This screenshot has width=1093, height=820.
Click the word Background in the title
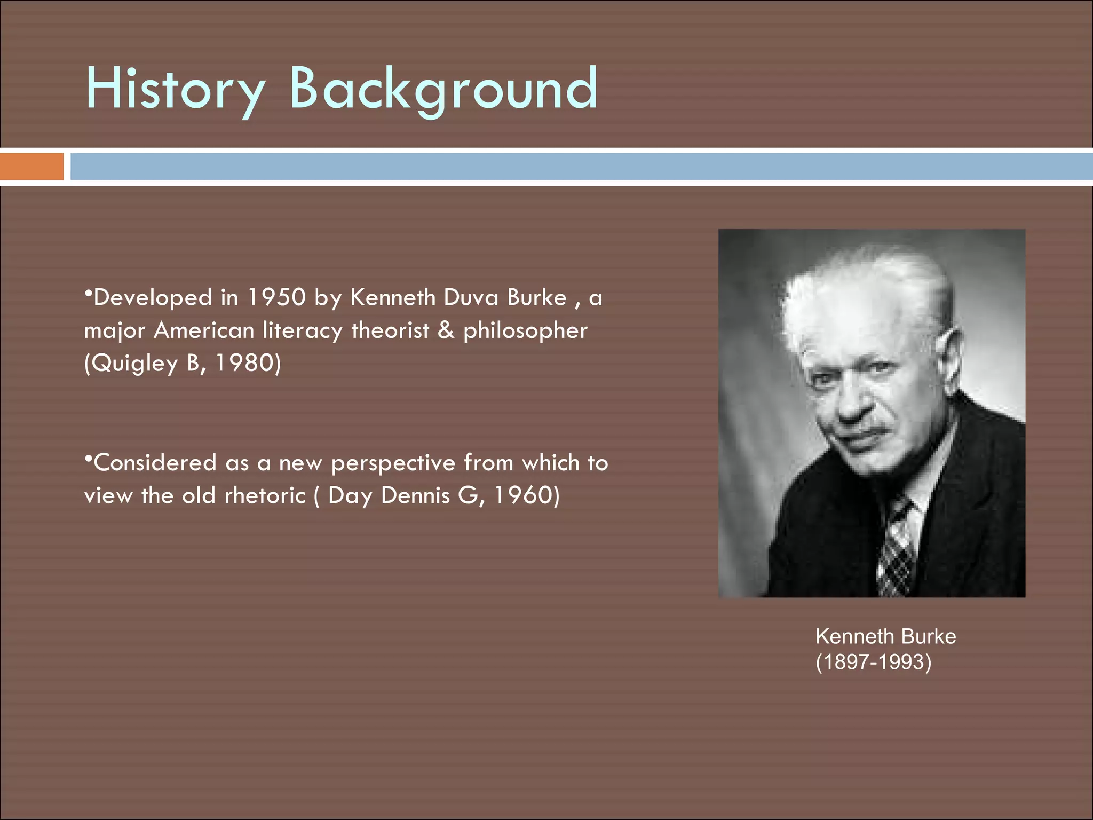coord(443,89)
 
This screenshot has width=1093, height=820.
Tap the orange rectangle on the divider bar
coord(31,167)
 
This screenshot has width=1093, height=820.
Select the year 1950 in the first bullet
coord(276,297)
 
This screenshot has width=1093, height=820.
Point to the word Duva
coord(472,297)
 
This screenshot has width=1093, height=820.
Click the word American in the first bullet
coord(204,330)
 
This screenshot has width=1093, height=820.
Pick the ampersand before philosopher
coord(446,330)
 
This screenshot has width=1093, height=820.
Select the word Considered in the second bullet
coord(155,462)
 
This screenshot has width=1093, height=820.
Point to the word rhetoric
coord(265,495)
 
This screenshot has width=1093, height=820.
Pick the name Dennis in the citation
coord(415,495)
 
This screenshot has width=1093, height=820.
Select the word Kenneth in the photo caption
coord(854,636)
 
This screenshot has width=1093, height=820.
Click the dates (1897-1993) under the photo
coord(873,662)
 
